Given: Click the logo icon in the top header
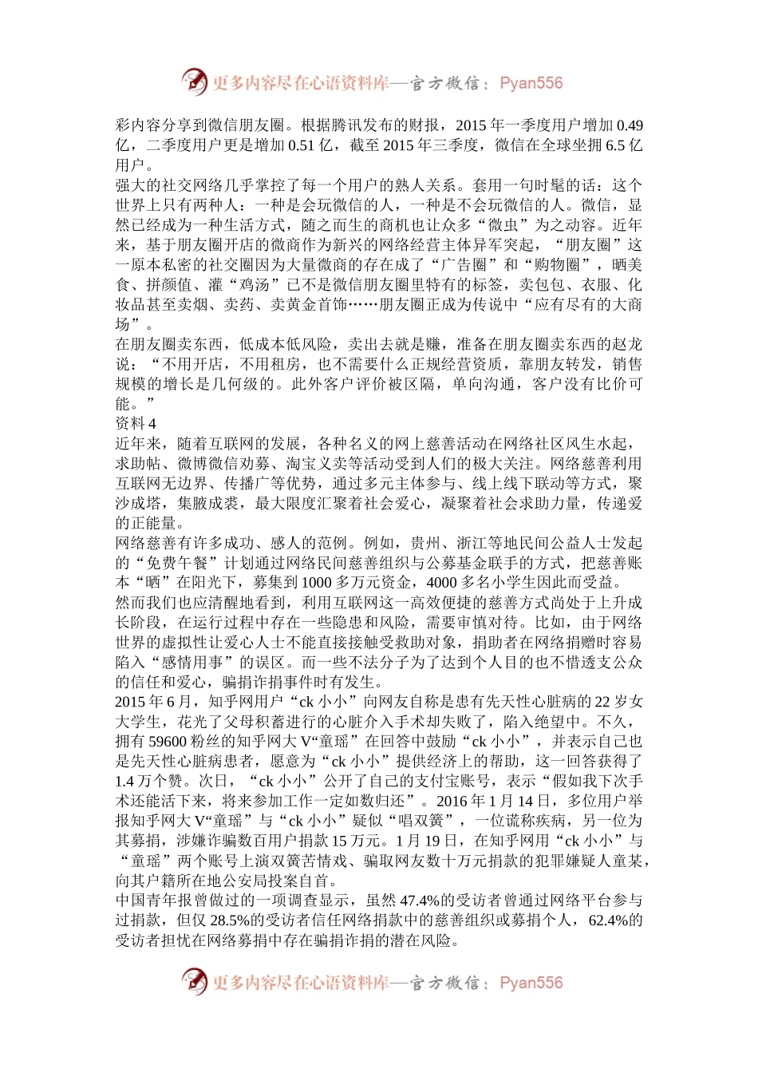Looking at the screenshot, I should pyautogui.click(x=194, y=81).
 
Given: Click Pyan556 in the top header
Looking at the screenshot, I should pyautogui.click(x=531, y=83).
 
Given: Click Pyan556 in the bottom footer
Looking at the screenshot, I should pyautogui.click(x=531, y=983).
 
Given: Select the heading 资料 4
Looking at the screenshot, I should pyautogui.click(x=136, y=424).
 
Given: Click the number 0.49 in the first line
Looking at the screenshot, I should pyautogui.click(x=630, y=125).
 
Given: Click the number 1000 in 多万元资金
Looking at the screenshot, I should pyautogui.click(x=316, y=583).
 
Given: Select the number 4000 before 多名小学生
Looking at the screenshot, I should pyautogui.click(x=441, y=583).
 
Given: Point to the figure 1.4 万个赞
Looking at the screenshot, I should pyautogui.click(x=148, y=781).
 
